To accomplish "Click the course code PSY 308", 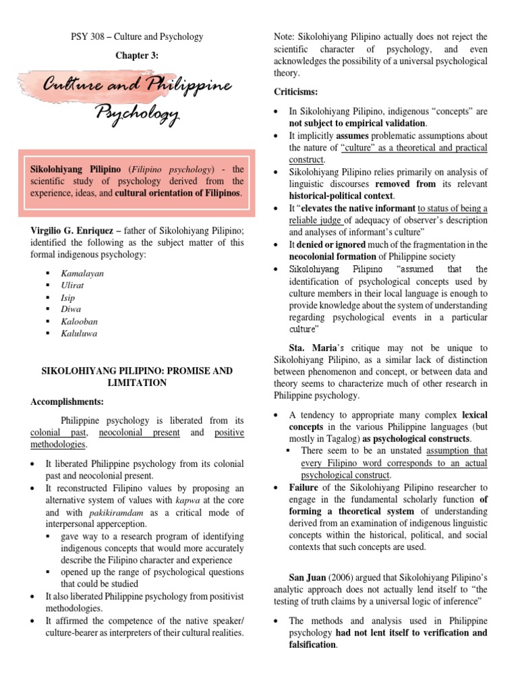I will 89,36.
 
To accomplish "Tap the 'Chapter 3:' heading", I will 136,55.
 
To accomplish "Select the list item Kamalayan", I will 82,273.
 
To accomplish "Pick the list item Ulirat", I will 72,285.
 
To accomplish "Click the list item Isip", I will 68,298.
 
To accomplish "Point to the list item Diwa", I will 71,309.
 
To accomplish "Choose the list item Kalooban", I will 78,321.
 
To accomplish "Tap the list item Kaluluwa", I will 79,333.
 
